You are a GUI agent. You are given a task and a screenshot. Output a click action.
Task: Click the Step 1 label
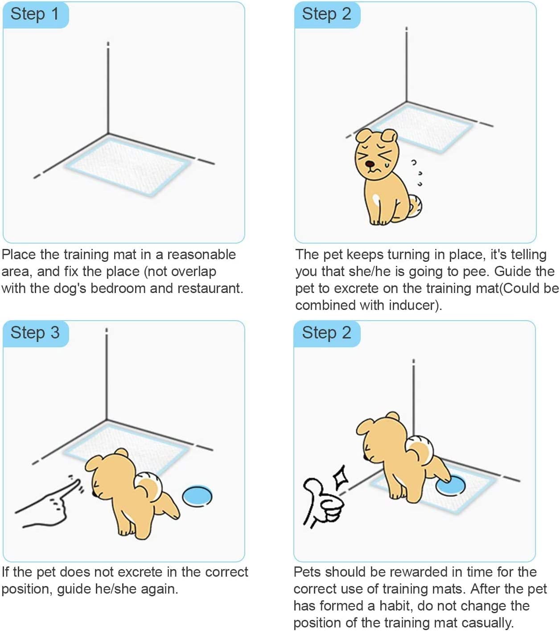pyautogui.click(x=35, y=14)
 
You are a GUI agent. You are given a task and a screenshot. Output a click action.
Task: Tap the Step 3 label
pyautogui.click(x=35, y=333)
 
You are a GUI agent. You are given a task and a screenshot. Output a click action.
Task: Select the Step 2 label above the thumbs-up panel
pyautogui.click(x=326, y=333)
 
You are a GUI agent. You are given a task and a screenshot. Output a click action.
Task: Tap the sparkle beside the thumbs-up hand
pyautogui.click(x=341, y=477)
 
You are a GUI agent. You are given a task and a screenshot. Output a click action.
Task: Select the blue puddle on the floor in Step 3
pyautogui.click(x=197, y=496)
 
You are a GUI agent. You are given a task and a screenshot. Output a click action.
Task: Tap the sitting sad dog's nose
pyautogui.click(x=370, y=164)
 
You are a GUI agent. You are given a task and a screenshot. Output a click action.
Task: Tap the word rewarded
pyautogui.click(x=397, y=572)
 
